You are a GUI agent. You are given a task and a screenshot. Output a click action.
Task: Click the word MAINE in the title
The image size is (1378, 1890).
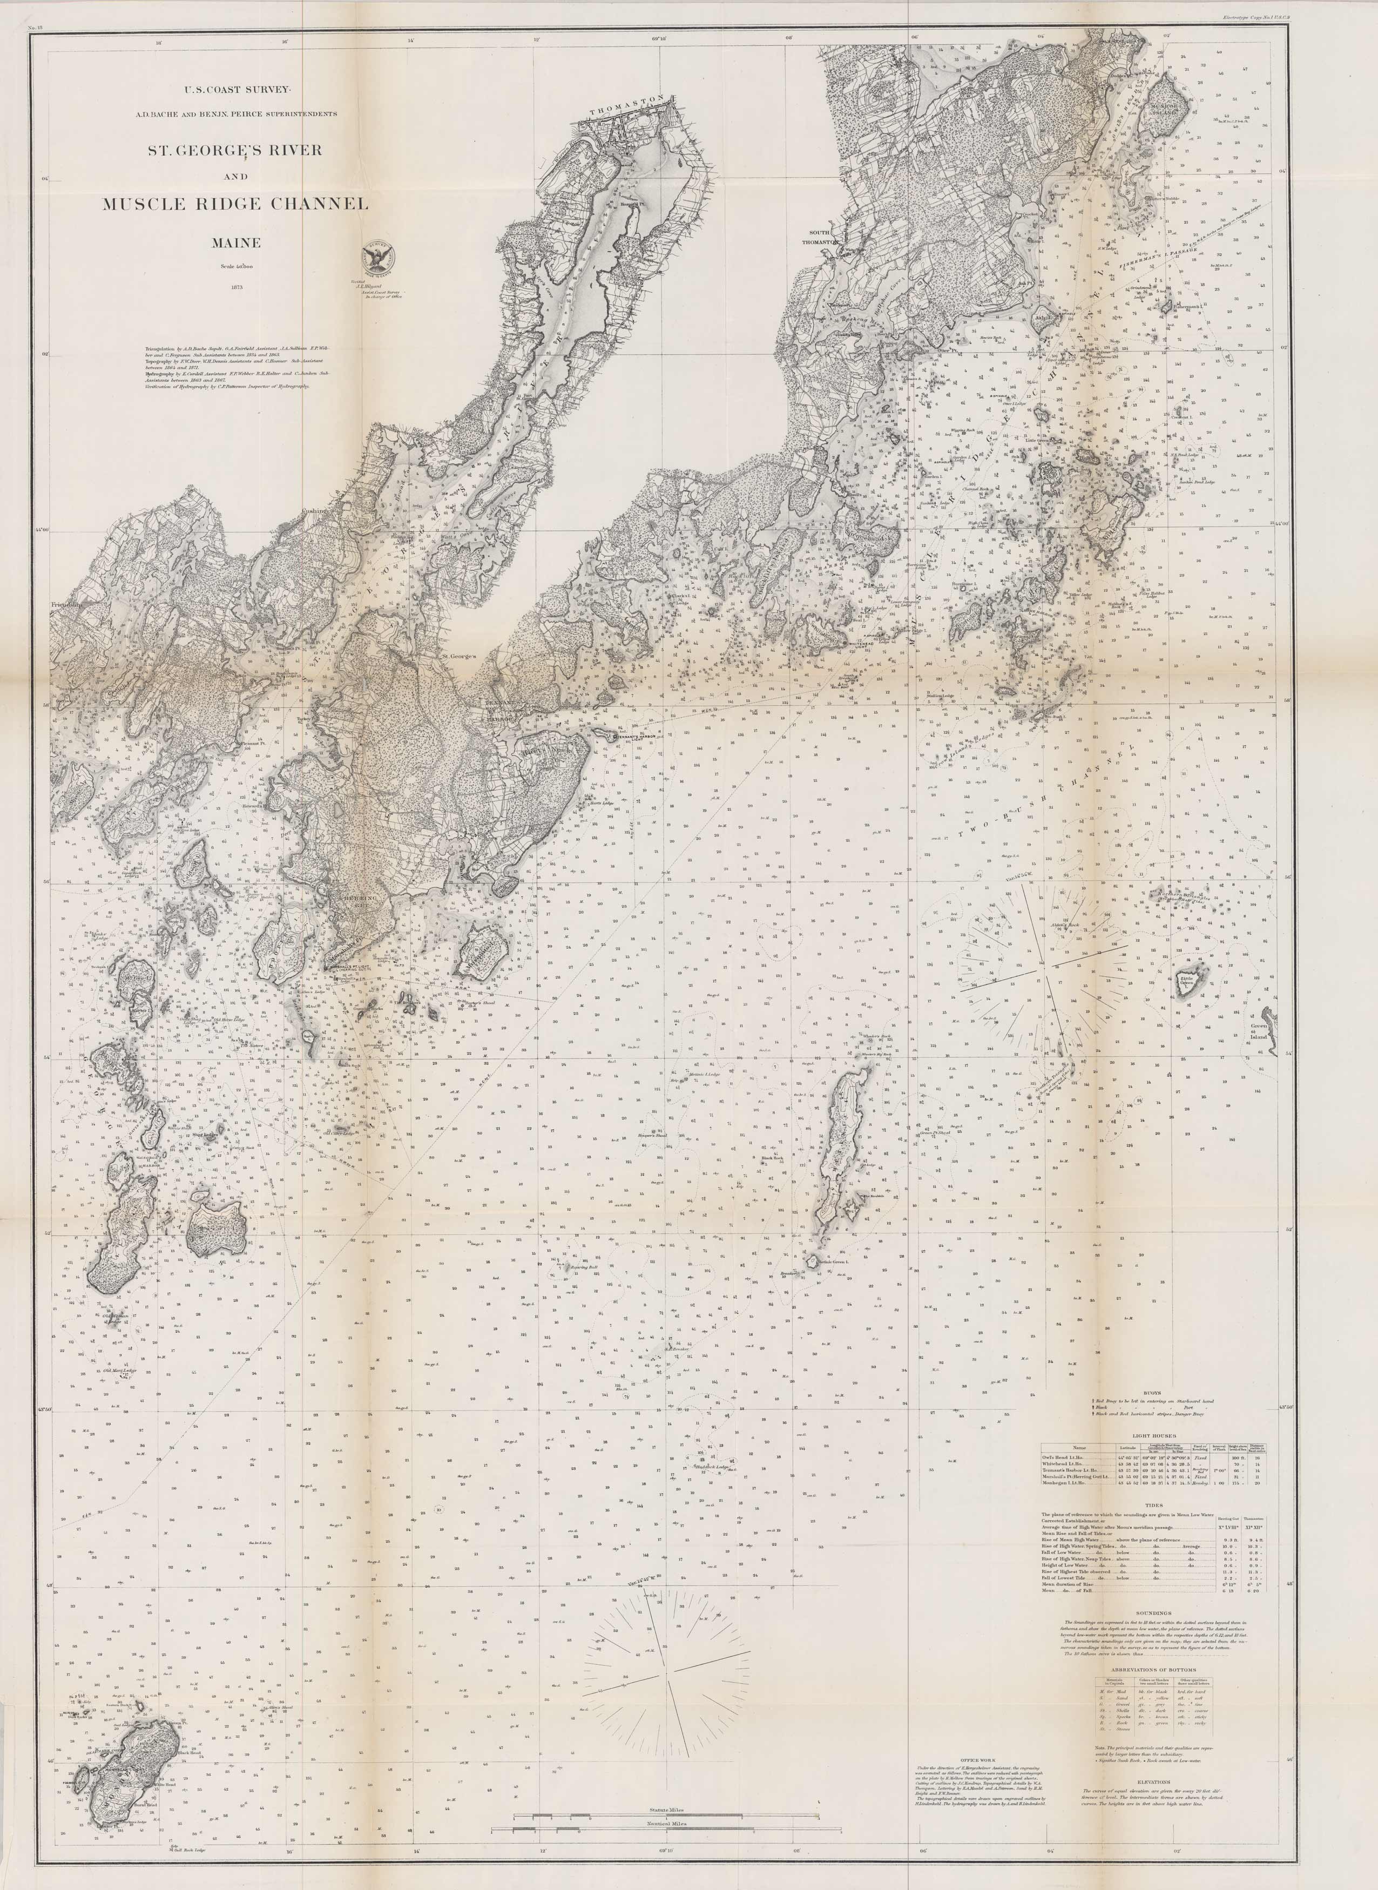coord(235,242)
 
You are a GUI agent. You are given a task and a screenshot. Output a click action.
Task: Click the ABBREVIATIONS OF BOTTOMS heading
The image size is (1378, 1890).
coord(1157,1673)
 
